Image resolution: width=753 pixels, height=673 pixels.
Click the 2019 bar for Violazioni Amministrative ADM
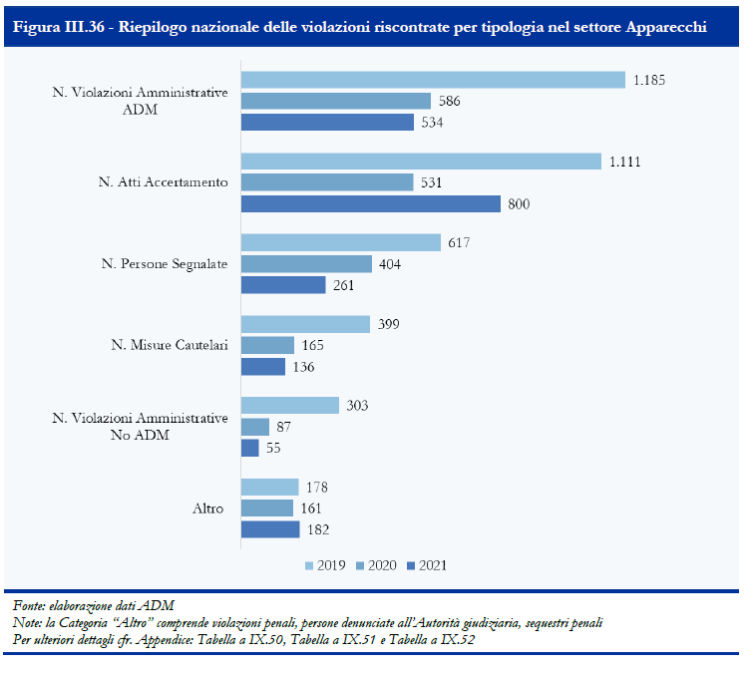(x=433, y=80)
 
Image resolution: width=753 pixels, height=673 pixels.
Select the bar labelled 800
(x=371, y=204)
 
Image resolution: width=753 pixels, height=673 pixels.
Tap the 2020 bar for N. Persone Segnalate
(x=306, y=264)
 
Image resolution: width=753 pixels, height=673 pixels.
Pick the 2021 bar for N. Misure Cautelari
(x=263, y=367)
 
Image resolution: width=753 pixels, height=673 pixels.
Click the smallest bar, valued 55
(x=249, y=448)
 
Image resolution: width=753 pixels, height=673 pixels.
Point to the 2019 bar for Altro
(x=270, y=487)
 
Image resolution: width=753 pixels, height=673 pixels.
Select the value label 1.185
(x=649, y=80)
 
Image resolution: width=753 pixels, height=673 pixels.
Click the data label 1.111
(x=624, y=162)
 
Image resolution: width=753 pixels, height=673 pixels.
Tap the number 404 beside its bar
(x=390, y=264)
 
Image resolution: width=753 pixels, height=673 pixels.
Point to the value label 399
(x=389, y=324)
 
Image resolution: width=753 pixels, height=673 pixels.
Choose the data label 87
(x=284, y=427)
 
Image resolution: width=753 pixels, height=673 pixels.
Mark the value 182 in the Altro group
(x=318, y=529)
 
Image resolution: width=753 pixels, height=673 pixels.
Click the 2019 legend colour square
(x=309, y=566)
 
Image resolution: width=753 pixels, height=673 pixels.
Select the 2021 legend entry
(x=427, y=565)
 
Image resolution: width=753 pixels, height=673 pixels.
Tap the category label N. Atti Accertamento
(x=164, y=181)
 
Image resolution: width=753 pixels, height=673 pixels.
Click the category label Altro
(x=207, y=508)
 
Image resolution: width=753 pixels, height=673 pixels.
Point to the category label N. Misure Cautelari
(x=170, y=345)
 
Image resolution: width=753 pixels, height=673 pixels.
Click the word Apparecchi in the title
(x=666, y=27)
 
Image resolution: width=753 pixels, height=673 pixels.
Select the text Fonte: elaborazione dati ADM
(x=93, y=606)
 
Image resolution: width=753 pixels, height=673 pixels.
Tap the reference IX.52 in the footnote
(x=458, y=639)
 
